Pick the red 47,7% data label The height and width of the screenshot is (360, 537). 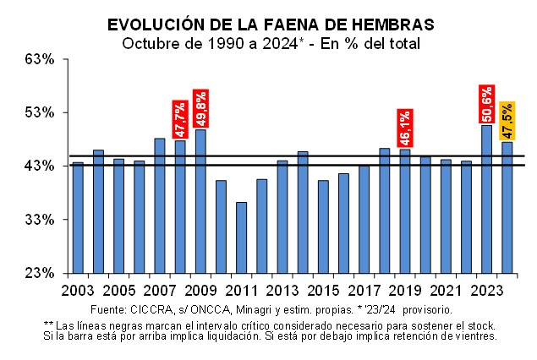(x=180, y=119)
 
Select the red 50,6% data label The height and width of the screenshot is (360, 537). (x=486, y=104)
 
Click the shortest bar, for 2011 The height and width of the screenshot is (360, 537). (x=241, y=237)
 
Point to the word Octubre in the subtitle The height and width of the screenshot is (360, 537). (x=147, y=42)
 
